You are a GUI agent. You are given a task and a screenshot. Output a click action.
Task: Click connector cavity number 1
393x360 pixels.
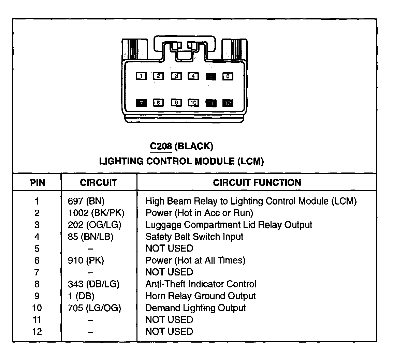point(141,76)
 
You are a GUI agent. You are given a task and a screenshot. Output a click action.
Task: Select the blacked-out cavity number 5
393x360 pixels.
point(211,76)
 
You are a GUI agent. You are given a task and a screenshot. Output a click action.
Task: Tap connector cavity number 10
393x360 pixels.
point(193,103)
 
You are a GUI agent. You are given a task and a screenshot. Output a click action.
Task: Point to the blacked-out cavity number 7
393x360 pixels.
point(141,103)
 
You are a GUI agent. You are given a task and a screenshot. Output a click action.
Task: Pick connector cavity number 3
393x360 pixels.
point(176,76)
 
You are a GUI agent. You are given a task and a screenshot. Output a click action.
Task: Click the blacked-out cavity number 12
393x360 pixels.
point(228,103)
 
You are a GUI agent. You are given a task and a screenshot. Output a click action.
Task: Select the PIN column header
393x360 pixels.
point(38,183)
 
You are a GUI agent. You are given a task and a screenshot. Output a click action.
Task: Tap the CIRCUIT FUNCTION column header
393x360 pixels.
point(257,183)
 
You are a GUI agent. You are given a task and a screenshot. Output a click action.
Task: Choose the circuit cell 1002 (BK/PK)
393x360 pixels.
point(96,213)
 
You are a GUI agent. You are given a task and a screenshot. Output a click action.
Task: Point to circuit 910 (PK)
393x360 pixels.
point(86,260)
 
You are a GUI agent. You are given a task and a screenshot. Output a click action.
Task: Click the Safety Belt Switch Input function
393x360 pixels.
point(194,237)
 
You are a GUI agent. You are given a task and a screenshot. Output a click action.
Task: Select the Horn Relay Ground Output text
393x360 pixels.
point(200,296)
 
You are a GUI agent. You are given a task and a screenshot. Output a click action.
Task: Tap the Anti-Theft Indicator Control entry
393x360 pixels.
point(201,284)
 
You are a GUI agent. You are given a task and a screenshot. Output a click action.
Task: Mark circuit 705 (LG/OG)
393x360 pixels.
point(94,308)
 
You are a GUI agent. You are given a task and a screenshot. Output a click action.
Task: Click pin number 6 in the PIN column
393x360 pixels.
point(37,260)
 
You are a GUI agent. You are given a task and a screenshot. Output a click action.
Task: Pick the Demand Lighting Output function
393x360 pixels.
point(195,308)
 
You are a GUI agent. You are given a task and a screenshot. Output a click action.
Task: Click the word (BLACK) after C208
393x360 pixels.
point(193,146)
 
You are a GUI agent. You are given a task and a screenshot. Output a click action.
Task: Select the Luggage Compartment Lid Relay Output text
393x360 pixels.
point(229,225)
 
